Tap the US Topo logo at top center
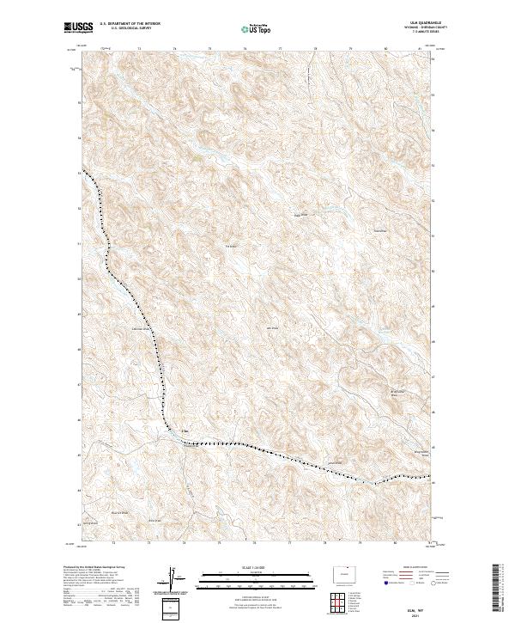pos(257,29)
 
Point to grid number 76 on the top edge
pos(245,49)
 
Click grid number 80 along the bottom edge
pos(395,543)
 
